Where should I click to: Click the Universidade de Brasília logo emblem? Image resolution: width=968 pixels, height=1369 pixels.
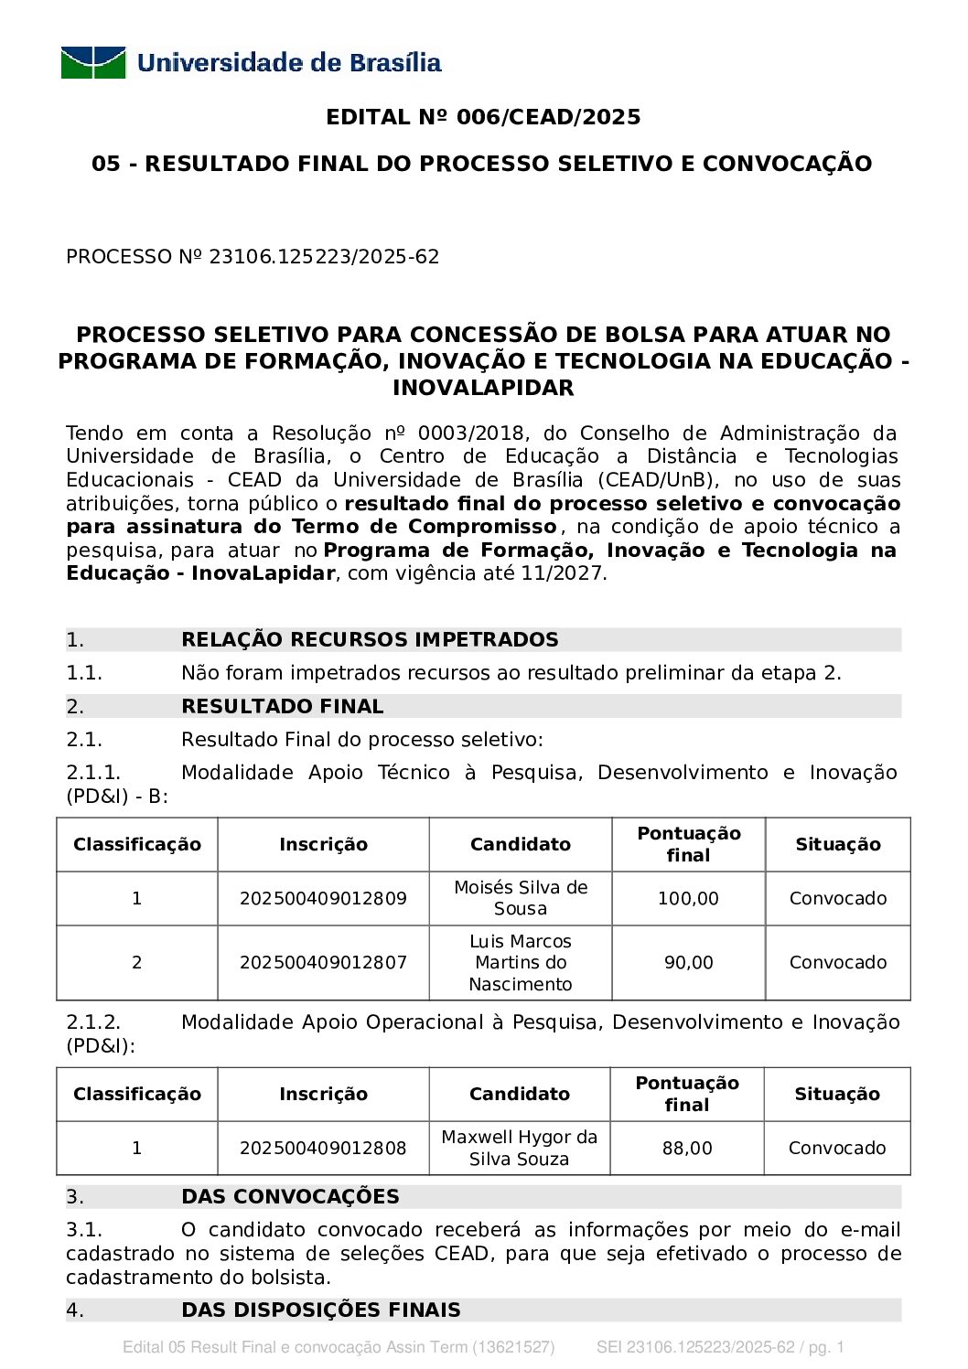93,63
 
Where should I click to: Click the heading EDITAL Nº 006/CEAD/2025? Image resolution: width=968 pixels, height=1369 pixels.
483,117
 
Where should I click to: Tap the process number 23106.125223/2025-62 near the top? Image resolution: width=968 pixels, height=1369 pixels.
324,257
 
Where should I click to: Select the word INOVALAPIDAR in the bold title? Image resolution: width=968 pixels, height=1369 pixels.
483,388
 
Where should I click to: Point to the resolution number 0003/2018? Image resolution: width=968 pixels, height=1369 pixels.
470,433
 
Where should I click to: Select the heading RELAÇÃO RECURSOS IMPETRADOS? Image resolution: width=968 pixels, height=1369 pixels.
370,639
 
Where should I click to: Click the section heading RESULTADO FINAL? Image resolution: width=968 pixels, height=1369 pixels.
282,706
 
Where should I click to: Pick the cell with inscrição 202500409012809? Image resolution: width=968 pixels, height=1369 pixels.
323,898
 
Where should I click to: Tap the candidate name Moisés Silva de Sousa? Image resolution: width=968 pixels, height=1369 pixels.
521,898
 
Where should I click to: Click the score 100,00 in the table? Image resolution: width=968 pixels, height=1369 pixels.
688,898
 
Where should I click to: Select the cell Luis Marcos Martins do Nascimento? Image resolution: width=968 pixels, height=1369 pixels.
521,962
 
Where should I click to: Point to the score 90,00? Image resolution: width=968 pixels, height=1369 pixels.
688,962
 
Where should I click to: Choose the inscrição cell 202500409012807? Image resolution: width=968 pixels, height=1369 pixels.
323,962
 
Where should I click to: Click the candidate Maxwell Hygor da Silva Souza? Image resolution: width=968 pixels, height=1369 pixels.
519,1148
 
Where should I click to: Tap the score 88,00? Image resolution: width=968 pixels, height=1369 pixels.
687,1148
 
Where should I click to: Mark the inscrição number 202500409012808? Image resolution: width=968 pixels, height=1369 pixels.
323,1148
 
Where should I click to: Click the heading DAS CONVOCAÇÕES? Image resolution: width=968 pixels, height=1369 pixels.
290,1196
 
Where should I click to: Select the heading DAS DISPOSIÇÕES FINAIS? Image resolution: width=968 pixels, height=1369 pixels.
320,1310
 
